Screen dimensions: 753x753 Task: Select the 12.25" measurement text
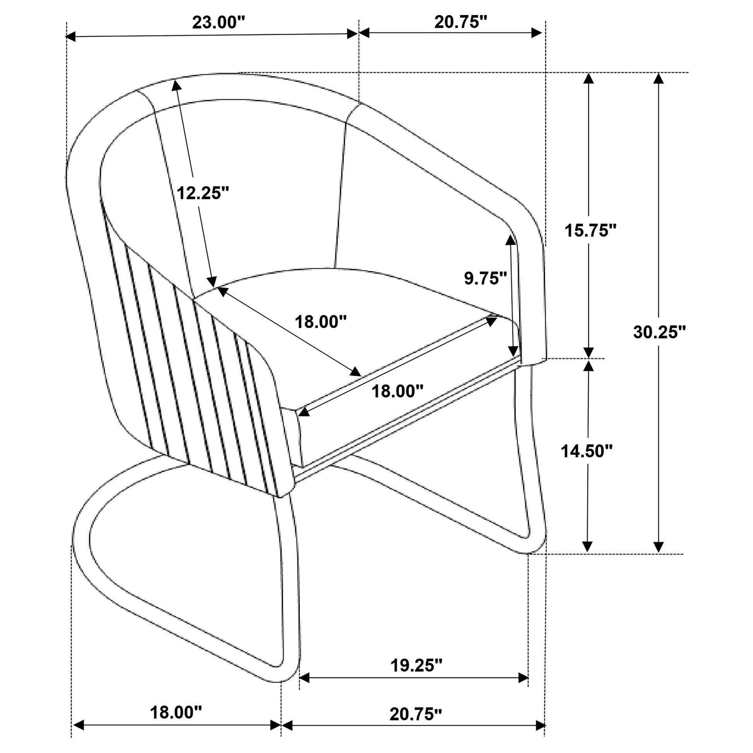tap(203, 193)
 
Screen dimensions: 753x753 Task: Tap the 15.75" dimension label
tap(591, 231)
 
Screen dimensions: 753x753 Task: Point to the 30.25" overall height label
tap(659, 332)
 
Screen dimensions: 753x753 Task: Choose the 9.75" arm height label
tap(485, 278)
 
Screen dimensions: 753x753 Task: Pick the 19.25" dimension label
tap(417, 665)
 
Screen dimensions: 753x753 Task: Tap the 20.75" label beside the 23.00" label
tap(461, 22)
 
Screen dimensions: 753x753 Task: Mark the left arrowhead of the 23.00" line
tap(71, 37)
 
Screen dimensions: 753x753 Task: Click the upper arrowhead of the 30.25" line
tap(658, 78)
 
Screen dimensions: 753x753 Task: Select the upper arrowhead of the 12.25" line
tap(176, 85)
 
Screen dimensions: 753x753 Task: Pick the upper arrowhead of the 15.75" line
tap(588, 78)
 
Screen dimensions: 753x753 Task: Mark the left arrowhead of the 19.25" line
tap(304, 678)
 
